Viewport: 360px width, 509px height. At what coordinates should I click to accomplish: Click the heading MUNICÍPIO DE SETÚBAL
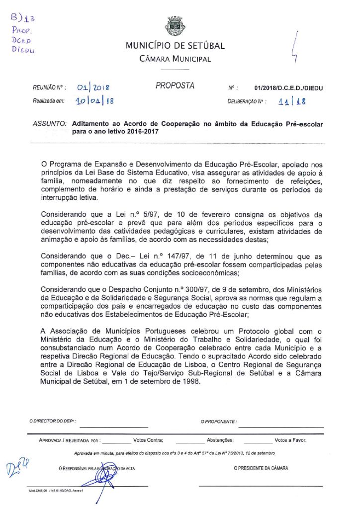(175, 46)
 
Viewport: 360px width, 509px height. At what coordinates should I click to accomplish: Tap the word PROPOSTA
(175, 85)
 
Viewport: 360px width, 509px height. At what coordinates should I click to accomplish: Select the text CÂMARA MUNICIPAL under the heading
(175, 59)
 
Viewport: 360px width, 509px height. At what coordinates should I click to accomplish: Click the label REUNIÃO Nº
(50, 88)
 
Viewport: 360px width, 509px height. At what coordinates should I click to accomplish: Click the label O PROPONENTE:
(219, 422)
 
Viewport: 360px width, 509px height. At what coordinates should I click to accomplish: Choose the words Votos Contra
(148, 440)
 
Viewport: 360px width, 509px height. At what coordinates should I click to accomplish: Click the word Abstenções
(220, 440)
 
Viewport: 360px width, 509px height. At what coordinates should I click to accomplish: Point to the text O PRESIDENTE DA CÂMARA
(261, 468)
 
